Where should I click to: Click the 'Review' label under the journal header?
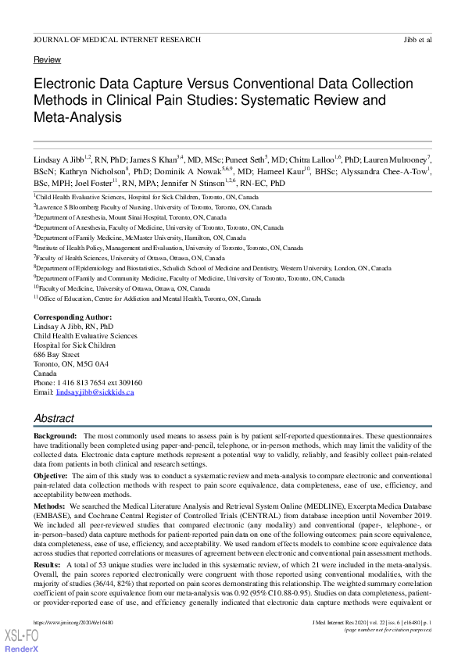47,59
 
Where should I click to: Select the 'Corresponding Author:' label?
73,317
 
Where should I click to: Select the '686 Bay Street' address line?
56,355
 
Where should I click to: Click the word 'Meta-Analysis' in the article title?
77,117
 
